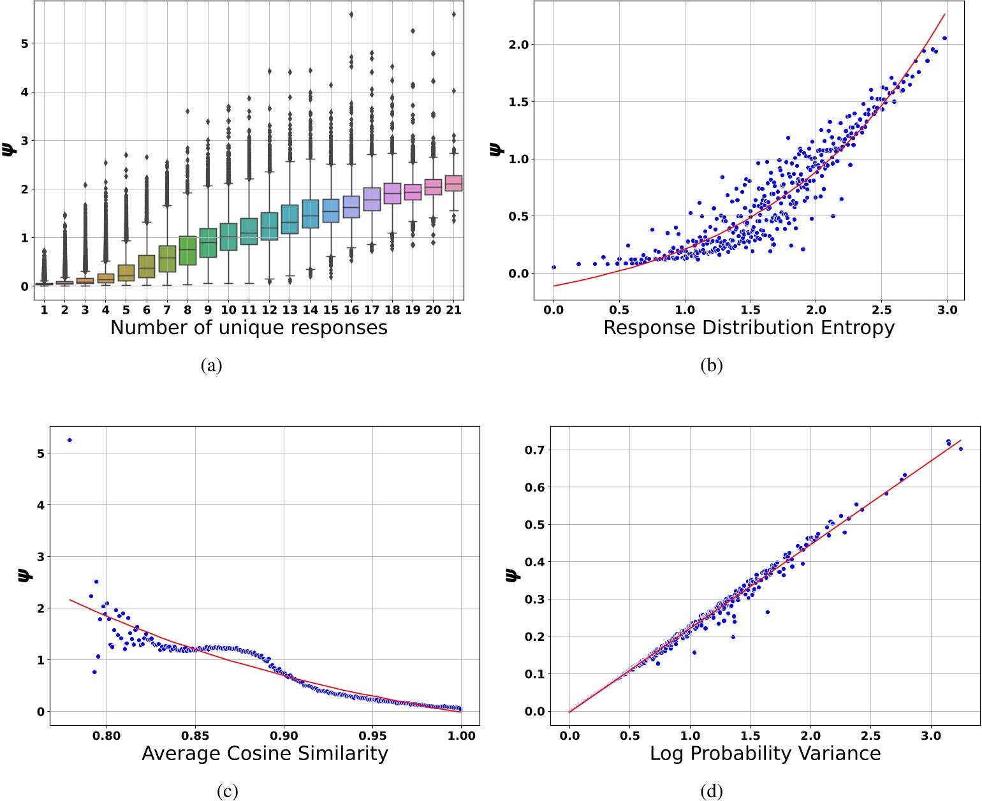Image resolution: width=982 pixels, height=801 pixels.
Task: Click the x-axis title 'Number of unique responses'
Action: coord(249,328)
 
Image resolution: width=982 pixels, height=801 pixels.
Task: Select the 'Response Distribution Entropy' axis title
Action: coord(749,328)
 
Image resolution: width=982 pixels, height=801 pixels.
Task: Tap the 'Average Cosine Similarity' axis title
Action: coord(265,753)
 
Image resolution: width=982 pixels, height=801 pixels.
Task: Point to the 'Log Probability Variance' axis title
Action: coord(765,753)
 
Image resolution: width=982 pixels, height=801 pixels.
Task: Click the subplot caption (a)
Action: coord(211,365)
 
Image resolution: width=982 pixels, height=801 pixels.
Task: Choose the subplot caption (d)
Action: coord(711,791)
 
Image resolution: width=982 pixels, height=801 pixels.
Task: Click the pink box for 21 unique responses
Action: coord(453,183)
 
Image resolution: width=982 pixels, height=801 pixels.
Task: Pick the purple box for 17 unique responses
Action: coord(372,199)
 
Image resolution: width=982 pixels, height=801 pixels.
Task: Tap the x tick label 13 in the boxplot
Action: coord(289,310)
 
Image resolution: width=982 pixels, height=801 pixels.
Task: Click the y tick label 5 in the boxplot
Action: coord(24,43)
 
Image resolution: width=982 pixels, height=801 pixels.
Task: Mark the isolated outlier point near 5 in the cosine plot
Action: coord(70,440)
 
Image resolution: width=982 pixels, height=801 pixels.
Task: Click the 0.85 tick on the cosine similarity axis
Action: coord(195,736)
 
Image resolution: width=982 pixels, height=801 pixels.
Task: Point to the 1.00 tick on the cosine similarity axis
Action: coord(461,736)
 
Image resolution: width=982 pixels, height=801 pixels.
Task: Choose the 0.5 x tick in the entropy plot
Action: coord(619,310)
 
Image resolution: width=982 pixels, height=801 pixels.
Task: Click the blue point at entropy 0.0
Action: coord(553,267)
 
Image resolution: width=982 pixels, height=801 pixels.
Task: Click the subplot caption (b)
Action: coord(711,365)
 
